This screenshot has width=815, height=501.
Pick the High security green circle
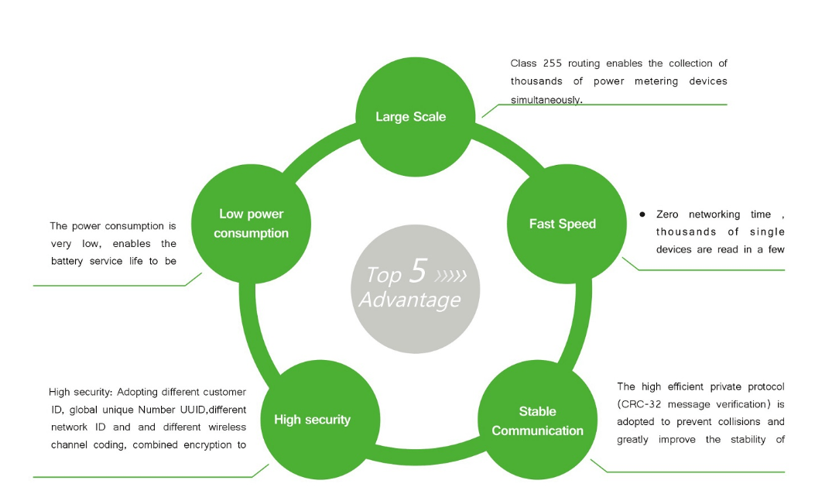point(312,419)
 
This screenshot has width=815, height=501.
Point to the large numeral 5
point(417,271)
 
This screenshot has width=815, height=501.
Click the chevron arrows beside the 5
point(452,275)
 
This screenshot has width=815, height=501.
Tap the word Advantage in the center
point(409,300)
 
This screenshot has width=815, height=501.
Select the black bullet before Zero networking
point(642,214)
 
